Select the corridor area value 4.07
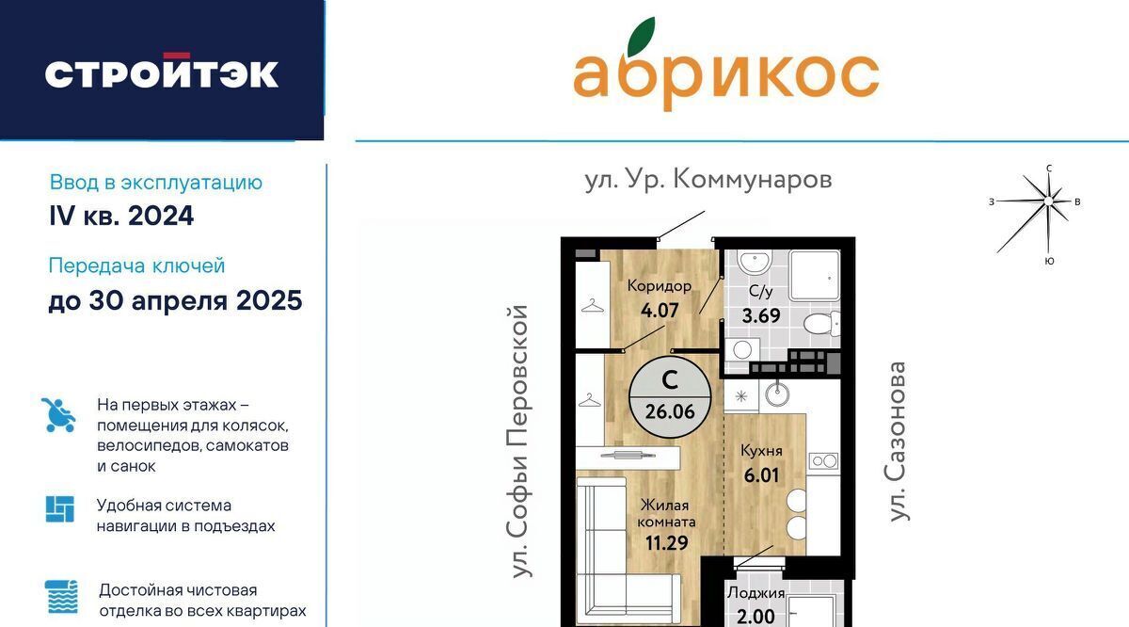[660, 311]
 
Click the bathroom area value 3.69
[760, 315]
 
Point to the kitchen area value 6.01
[761, 475]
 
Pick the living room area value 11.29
[666, 543]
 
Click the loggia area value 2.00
[755, 617]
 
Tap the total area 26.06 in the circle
[670, 411]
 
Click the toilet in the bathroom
[821, 323]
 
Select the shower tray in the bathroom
[815, 276]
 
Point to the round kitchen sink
[777, 394]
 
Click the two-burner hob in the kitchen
[823, 460]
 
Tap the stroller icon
[58, 415]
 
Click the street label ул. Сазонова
[896, 442]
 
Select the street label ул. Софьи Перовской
[518, 442]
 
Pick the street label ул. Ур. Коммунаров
[708, 180]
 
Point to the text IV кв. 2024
[121, 216]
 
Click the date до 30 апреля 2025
[175, 300]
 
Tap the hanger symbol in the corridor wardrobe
[593, 306]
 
